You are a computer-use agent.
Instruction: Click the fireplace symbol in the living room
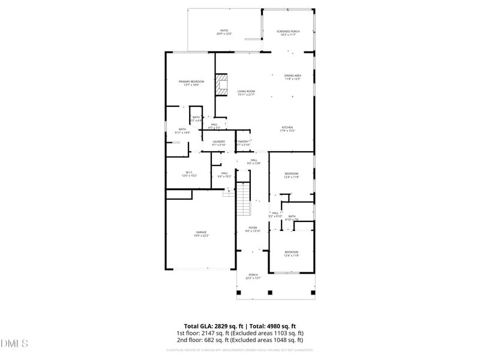(x=223, y=84)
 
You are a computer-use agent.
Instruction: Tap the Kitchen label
(x=287, y=128)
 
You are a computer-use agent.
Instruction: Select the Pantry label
(x=243, y=143)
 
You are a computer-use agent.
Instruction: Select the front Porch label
(x=253, y=276)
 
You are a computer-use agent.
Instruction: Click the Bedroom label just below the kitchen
(x=292, y=175)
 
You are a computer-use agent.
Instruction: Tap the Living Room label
(x=246, y=92)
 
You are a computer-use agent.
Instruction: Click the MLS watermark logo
(x=14, y=344)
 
